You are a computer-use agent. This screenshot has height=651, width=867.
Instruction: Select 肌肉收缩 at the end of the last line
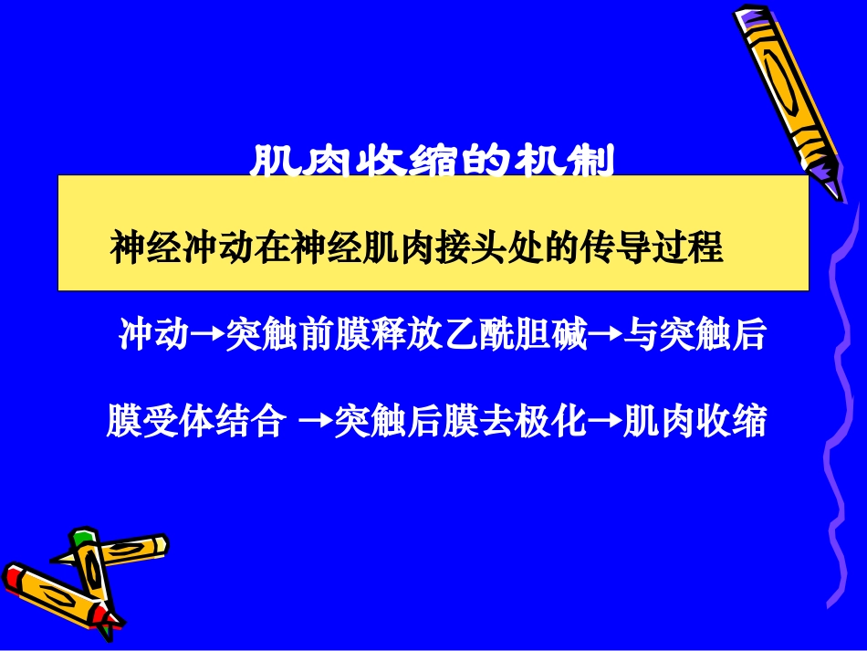[694, 422]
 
